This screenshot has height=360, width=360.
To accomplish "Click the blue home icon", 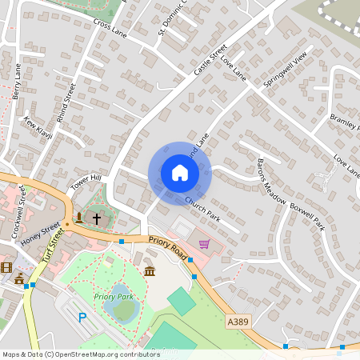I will click(x=180, y=173).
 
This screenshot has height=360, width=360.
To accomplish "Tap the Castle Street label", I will click(x=210, y=61).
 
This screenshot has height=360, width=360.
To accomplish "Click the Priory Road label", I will click(x=166, y=245).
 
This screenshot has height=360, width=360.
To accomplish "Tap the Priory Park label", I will click(x=113, y=297).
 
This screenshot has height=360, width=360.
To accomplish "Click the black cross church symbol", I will click(x=97, y=218).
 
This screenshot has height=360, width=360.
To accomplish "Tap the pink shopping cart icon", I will click(x=204, y=244).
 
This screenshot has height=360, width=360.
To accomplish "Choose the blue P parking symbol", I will click(x=82, y=318).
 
